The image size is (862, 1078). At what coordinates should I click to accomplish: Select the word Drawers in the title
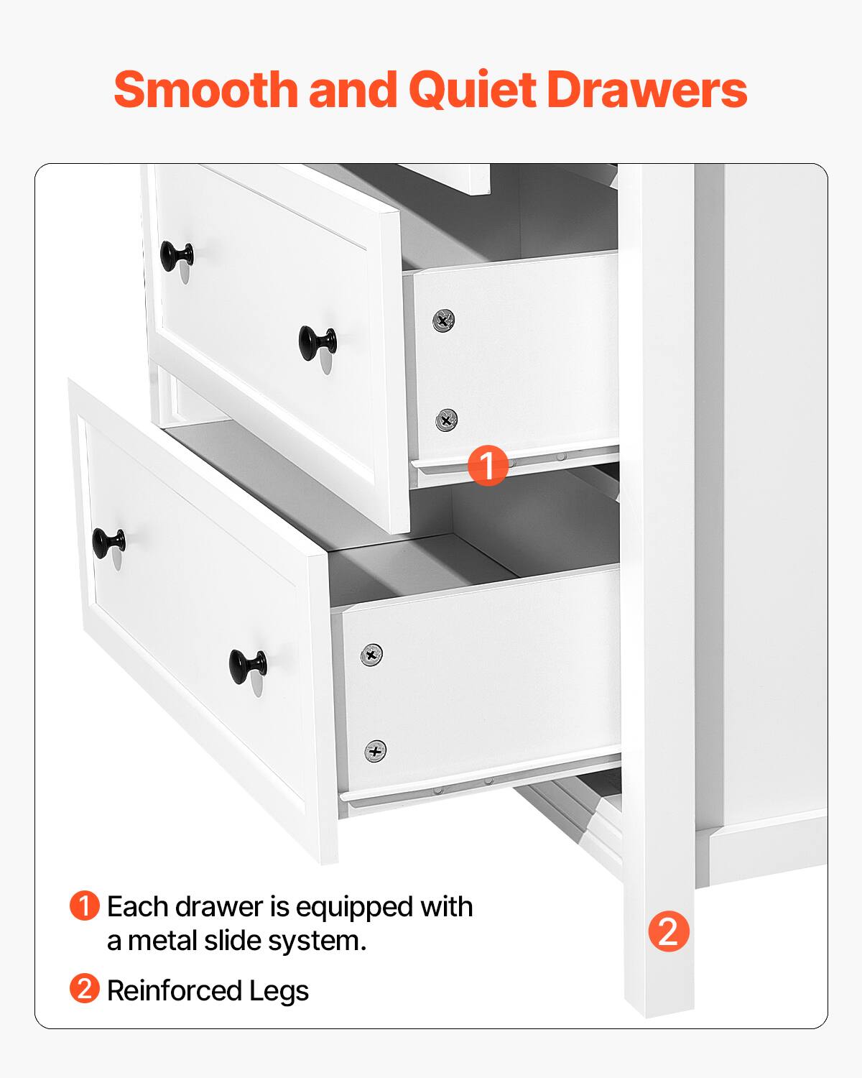pos(646,90)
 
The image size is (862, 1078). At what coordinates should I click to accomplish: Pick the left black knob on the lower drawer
pos(108,543)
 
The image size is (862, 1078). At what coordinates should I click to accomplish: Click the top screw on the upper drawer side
pos(443,319)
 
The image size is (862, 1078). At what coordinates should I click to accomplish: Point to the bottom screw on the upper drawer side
pos(446,418)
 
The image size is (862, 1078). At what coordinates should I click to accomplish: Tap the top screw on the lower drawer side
pos(371,654)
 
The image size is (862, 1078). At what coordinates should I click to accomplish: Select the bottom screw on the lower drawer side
pos(374,750)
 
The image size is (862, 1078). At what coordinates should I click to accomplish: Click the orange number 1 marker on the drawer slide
pos(488,464)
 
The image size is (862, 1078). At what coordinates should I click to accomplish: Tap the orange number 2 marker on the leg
pos(668,931)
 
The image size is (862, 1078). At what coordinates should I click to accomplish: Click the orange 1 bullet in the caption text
pos(84,906)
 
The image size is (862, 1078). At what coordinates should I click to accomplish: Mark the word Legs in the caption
pos(279,991)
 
